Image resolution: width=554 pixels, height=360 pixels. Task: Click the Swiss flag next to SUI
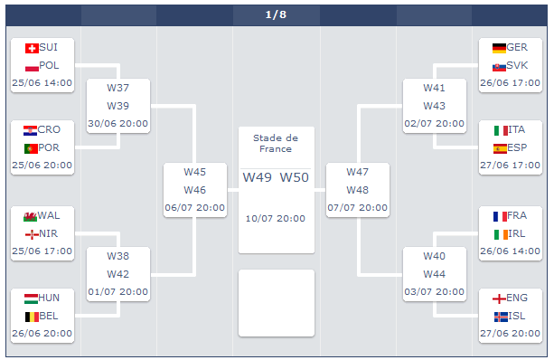pyautogui.click(x=32, y=48)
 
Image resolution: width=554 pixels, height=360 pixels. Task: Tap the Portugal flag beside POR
pyautogui.click(x=31, y=148)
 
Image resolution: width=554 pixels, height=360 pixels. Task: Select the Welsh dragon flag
pyautogui.click(x=30, y=216)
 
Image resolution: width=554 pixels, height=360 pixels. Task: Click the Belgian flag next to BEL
pyautogui.click(x=32, y=317)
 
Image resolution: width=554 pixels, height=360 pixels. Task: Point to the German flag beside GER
pyautogui.click(x=499, y=48)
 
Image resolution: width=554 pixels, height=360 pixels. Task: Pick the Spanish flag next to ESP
pyautogui.click(x=500, y=148)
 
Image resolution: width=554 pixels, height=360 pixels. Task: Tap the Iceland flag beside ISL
pyautogui.click(x=501, y=317)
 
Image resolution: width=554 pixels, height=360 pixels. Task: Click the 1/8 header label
pyautogui.click(x=276, y=14)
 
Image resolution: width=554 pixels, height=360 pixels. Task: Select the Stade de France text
pyautogui.click(x=276, y=143)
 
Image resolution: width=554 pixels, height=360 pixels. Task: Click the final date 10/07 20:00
pyautogui.click(x=276, y=219)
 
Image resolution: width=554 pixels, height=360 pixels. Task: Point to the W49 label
pyautogui.click(x=257, y=177)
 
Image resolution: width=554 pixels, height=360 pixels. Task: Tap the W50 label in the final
pyautogui.click(x=295, y=177)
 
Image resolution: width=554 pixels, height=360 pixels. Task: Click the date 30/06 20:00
pyautogui.click(x=118, y=123)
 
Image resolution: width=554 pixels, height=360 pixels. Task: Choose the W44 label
pyautogui.click(x=434, y=274)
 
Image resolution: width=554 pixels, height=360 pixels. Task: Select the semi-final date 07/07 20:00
pyautogui.click(x=357, y=207)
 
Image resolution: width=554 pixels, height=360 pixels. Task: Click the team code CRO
pyautogui.click(x=49, y=129)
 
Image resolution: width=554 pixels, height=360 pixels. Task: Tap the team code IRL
pyautogui.click(x=517, y=233)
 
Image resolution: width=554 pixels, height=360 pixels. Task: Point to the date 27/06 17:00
pyautogui.click(x=510, y=166)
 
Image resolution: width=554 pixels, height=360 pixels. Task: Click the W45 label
pyautogui.click(x=194, y=172)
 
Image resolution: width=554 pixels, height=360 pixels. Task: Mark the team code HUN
pyautogui.click(x=49, y=298)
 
